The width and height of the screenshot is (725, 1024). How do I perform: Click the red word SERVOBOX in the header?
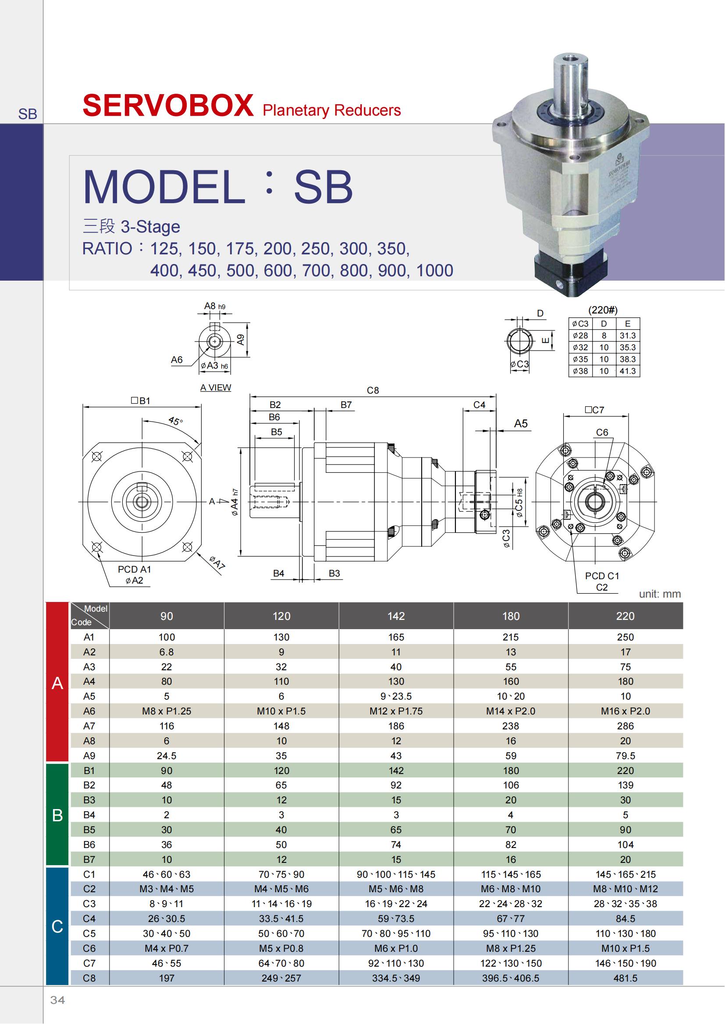[168, 106]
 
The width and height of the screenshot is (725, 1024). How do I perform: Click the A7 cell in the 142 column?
[396, 726]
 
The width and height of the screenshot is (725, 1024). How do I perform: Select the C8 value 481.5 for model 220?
[625, 978]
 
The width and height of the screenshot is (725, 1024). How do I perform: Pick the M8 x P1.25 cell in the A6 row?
[167, 711]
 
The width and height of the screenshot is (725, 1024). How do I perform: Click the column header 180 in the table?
[511, 616]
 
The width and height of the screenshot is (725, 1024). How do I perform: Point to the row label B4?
[89, 815]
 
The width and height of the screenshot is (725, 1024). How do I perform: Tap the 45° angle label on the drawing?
[175, 421]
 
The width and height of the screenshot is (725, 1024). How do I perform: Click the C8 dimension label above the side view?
[373, 390]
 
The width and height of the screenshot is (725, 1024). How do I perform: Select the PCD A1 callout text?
[135, 570]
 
